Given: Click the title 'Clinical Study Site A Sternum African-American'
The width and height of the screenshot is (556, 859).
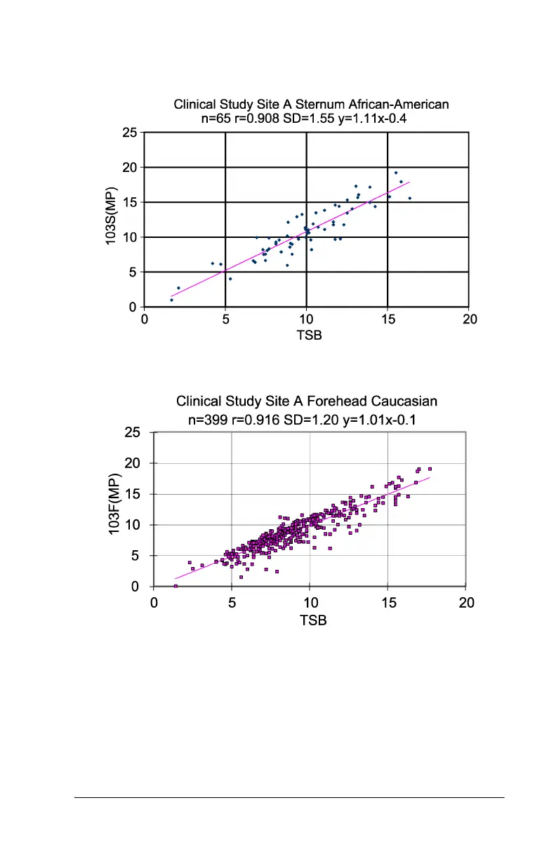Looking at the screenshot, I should [x=311, y=105].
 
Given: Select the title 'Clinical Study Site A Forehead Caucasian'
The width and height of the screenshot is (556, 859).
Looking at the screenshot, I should [x=307, y=401].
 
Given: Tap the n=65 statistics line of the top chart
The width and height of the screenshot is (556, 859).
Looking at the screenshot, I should [x=305, y=119].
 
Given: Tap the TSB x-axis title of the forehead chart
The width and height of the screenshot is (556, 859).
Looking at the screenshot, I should [x=313, y=620].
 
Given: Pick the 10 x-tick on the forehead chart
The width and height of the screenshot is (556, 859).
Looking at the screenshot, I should [x=310, y=603].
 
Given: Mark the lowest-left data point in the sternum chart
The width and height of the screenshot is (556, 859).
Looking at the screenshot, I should [x=171, y=300].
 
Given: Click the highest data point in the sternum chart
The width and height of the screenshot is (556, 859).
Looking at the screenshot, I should [x=395, y=173].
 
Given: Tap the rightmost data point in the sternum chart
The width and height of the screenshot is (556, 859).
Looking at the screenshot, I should [x=410, y=198].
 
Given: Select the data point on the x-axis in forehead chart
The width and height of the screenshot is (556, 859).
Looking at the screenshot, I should [x=176, y=586].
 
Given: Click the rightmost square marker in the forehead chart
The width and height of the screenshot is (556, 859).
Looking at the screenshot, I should [x=430, y=469].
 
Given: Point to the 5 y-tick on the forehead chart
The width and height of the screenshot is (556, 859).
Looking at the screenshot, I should [x=140, y=556].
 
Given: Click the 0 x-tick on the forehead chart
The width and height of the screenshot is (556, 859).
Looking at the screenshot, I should [x=154, y=603].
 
